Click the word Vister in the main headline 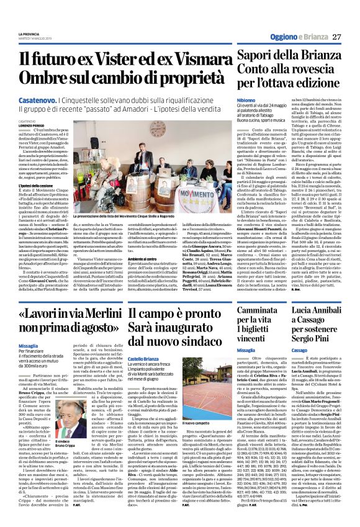pyautogui.click(x=113, y=60)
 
